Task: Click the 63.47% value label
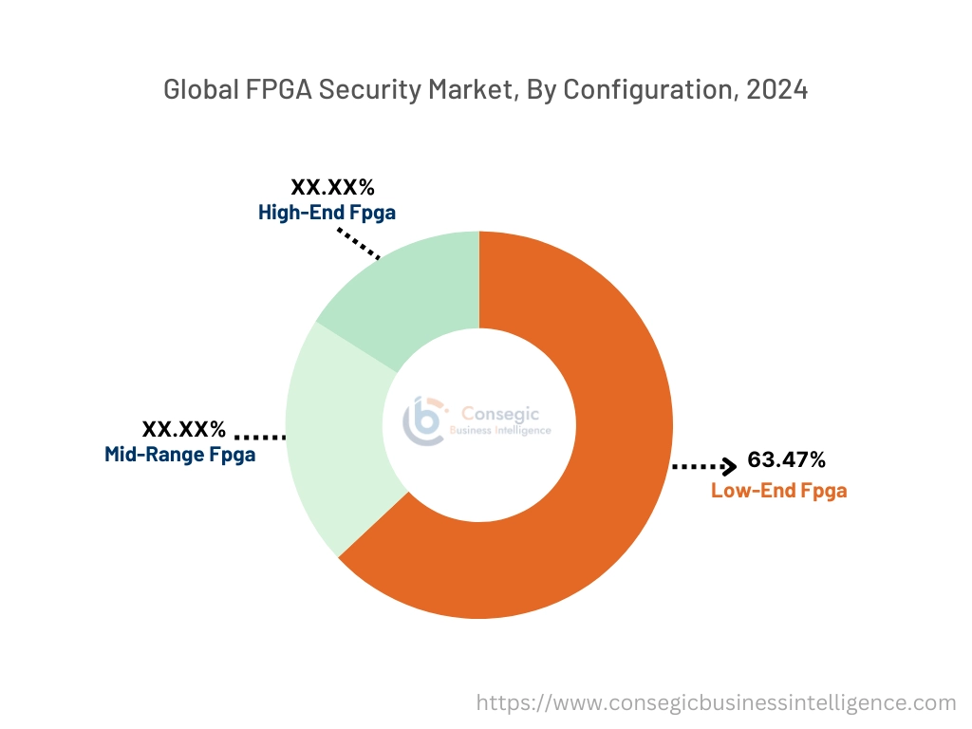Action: click(x=786, y=460)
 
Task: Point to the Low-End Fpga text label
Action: click(x=778, y=491)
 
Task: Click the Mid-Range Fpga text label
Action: click(x=179, y=455)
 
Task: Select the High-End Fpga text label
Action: click(x=327, y=213)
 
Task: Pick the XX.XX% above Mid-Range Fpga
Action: click(x=184, y=429)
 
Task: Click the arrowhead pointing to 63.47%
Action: click(x=729, y=466)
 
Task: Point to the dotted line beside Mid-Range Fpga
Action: click(x=259, y=437)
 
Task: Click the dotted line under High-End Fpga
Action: click(x=360, y=242)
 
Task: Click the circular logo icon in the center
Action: click(x=422, y=421)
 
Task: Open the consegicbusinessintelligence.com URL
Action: click(x=716, y=702)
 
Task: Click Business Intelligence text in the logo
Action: click(x=499, y=430)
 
